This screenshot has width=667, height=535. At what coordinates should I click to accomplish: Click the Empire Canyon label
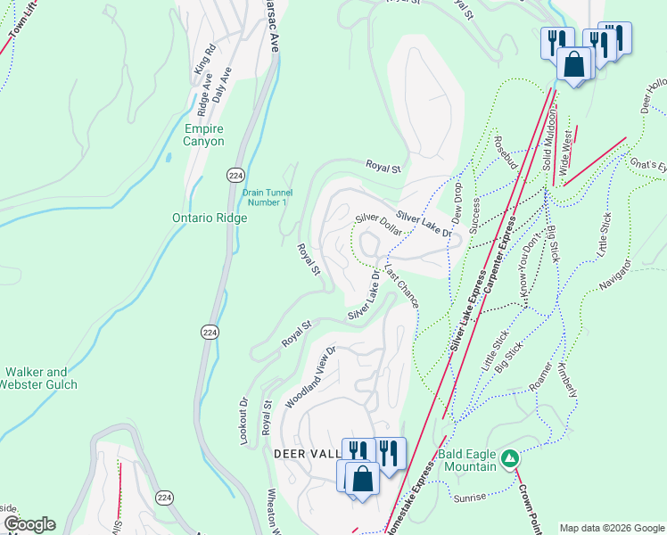pos(203,135)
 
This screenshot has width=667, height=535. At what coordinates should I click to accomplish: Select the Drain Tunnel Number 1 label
pos(266,196)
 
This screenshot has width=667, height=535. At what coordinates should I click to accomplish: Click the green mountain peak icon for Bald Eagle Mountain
pos(509,459)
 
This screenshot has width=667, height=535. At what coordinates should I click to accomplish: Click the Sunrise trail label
pos(470,497)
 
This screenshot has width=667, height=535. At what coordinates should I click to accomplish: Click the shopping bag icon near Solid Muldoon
pos(572,64)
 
